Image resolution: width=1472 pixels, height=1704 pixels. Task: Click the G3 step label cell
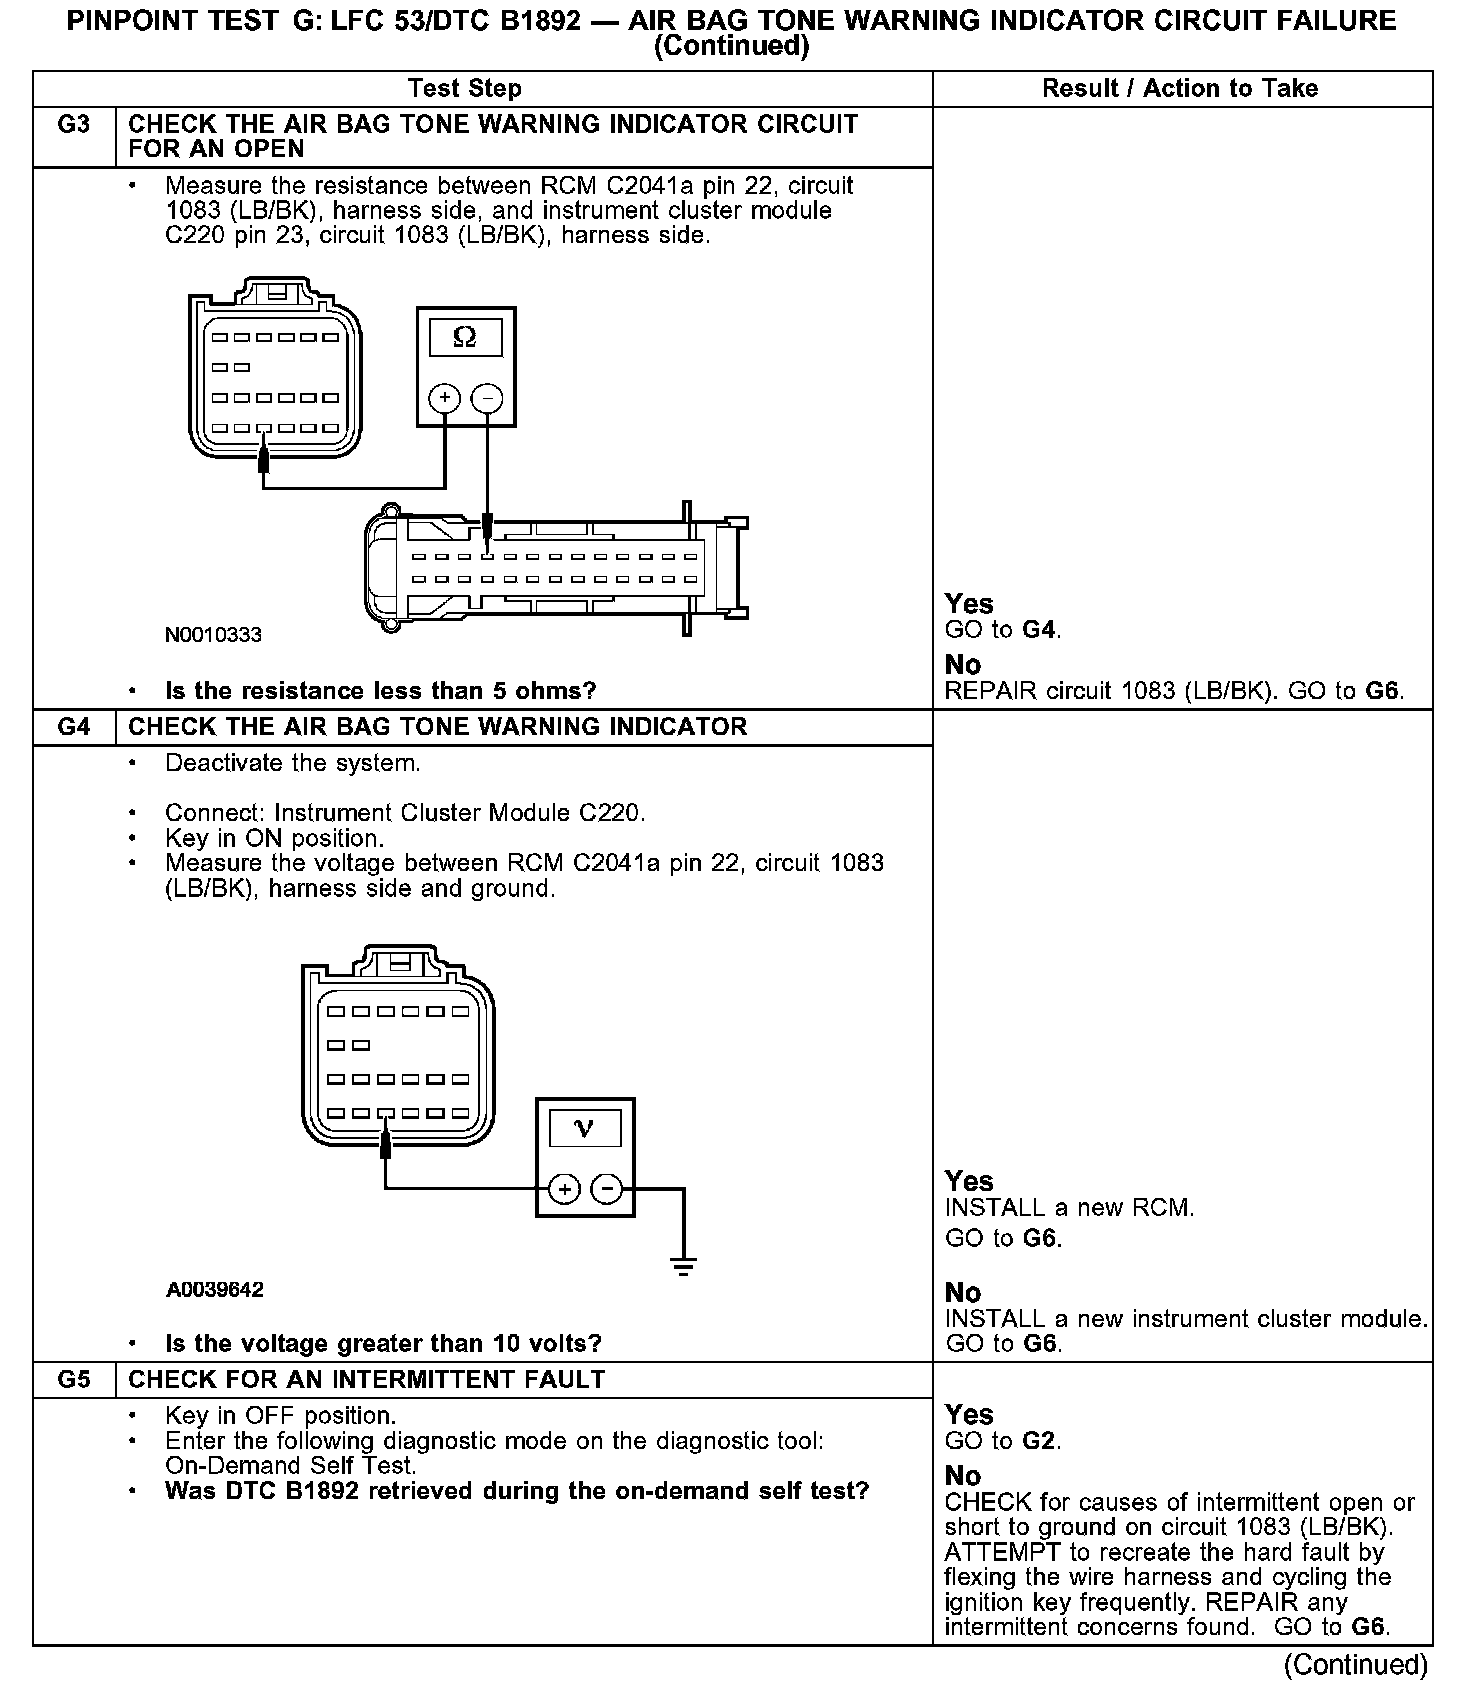point(74,125)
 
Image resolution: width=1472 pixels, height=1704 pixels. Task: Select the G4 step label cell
point(74,727)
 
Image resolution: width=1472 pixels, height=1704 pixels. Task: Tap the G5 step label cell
point(74,1380)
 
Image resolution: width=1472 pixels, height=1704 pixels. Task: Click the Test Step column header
point(465,89)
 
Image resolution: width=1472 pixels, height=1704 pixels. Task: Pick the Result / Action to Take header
point(1180,89)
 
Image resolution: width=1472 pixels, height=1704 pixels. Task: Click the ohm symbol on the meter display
point(465,338)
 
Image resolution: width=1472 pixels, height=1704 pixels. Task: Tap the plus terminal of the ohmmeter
point(444,399)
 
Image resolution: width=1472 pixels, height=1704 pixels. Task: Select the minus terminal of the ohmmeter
point(487,399)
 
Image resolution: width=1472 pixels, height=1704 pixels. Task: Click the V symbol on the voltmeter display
point(585,1129)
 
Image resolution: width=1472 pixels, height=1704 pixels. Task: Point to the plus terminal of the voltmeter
point(564,1190)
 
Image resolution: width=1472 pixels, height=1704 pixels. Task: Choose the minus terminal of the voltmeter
point(607,1190)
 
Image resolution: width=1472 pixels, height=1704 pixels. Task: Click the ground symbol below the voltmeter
point(684,1268)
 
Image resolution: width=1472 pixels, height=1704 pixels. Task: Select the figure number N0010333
point(214,635)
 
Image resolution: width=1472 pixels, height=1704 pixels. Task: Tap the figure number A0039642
point(215,1290)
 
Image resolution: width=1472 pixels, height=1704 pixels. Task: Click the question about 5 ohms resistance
point(380,691)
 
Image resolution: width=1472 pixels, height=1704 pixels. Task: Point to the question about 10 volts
point(383,1343)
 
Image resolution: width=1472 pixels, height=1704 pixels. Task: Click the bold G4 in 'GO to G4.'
point(1040,630)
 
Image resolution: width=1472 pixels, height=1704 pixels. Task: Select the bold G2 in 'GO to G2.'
point(1040,1441)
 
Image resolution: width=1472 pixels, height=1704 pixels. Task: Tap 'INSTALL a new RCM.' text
point(1069,1208)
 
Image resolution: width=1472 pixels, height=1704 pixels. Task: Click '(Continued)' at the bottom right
point(1356,1665)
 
